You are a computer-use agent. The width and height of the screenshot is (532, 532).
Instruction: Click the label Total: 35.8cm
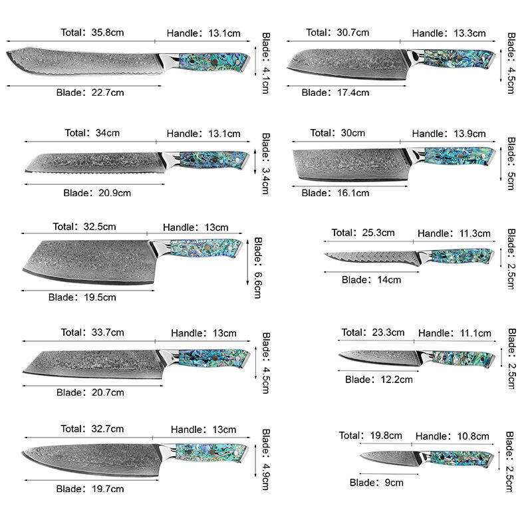pyautogui.click(x=92, y=33)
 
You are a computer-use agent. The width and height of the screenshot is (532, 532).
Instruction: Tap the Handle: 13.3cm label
pyautogui.click(x=449, y=33)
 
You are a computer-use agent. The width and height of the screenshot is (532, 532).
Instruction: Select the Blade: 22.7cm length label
pyautogui.click(x=90, y=92)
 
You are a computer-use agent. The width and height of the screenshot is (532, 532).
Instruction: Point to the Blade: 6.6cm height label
pyautogui.click(x=258, y=268)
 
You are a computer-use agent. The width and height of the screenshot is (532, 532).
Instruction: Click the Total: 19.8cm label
pyautogui.click(x=370, y=436)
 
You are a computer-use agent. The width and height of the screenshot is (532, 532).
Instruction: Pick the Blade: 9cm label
pyautogui.click(x=376, y=483)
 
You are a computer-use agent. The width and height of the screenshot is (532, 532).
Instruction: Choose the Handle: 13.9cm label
pyautogui.click(x=449, y=134)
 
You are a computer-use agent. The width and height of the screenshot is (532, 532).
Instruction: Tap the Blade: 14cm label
pyautogui.click(x=371, y=280)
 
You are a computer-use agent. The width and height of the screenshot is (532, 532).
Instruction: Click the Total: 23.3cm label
pyautogui.click(x=373, y=332)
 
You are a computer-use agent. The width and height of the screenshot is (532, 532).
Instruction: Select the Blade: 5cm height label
pyautogui.click(x=511, y=164)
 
